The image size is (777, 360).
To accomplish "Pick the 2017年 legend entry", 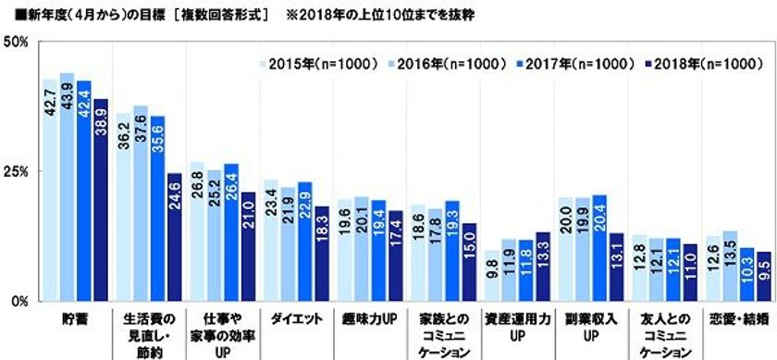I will [x=565, y=65].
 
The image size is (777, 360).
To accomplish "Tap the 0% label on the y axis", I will [x=19, y=301].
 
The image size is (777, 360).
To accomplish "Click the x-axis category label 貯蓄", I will [x=75, y=319].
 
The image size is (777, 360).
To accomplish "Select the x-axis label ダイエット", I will [x=298, y=319].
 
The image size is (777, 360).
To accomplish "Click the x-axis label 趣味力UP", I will [x=372, y=319].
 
